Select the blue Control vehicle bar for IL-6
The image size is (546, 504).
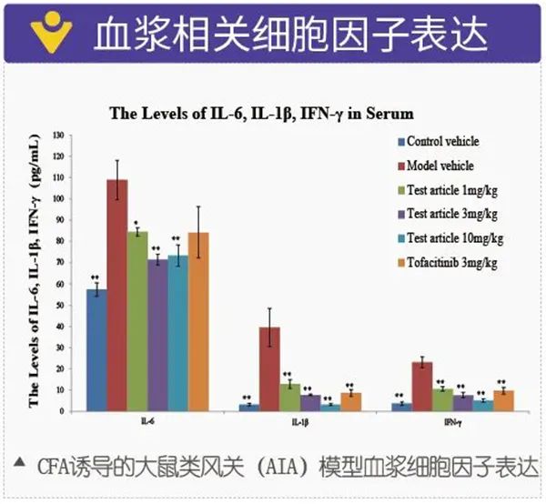(x=96, y=349)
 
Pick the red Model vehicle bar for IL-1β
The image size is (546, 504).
(x=269, y=368)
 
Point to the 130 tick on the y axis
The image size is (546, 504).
(x=60, y=135)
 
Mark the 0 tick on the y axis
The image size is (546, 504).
(x=65, y=410)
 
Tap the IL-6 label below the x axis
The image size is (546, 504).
(x=146, y=422)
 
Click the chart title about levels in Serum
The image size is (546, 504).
(x=261, y=114)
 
